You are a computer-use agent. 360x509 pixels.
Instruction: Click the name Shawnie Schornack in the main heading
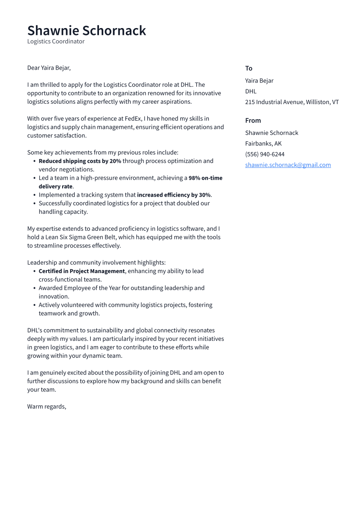pos(86,31)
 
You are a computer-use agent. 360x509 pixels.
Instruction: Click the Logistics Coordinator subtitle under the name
pos(56,41)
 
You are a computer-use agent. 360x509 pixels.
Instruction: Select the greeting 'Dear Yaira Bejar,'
pos(49,68)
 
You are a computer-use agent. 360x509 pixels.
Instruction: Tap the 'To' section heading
pos(248,68)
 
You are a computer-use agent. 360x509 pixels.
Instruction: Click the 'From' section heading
pos(253,121)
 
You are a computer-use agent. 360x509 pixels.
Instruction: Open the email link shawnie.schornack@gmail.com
pos(288,165)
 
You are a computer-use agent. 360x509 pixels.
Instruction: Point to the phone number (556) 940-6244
pos(264,154)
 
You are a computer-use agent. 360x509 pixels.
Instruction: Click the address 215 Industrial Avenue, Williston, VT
pos(292,102)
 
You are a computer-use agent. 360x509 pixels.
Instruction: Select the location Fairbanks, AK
pos(263,143)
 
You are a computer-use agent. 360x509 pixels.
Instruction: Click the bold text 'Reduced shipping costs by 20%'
pos(80,161)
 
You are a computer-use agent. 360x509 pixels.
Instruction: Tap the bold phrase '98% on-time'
pos(205,178)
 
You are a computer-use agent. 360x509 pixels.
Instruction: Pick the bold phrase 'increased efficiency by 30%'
pos(173,195)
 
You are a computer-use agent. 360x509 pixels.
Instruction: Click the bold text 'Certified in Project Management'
pos(82,271)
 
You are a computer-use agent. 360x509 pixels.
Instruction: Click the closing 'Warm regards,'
pos(47,407)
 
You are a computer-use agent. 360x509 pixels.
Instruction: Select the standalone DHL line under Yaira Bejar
pos(251,91)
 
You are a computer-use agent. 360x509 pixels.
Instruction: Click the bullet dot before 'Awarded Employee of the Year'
pos(34,288)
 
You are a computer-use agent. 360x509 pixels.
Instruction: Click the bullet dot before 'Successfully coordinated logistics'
pos(34,204)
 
